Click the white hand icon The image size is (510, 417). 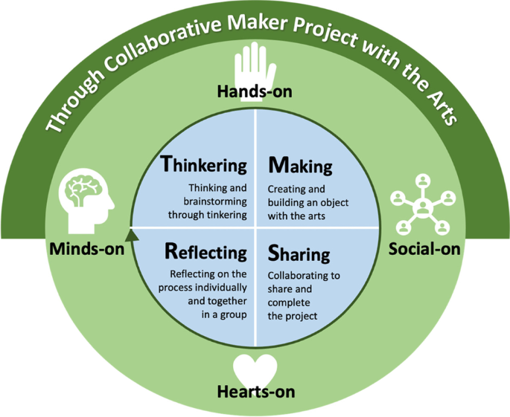254,65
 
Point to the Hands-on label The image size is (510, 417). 254,92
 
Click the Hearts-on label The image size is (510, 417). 255,391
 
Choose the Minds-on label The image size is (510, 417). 86,248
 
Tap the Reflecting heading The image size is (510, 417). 205,251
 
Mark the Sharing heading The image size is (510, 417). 298,253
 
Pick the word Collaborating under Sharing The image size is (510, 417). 303,276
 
